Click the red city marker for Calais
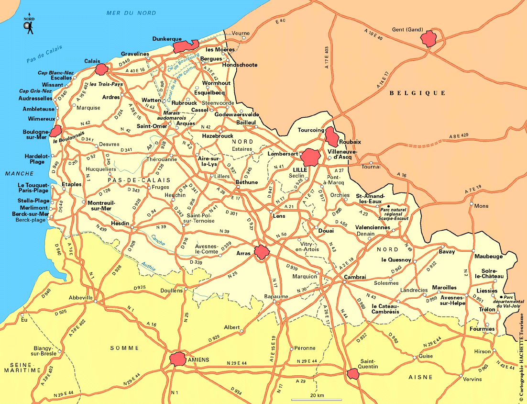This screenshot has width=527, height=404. pos(101,69)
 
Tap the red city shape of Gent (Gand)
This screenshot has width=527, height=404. pos(428,38)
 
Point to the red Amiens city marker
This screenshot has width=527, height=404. pos(177,359)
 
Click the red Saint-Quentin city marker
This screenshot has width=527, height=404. pos(353,374)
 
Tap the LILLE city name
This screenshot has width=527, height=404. pos(300,170)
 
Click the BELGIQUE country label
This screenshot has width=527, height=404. pos(417,93)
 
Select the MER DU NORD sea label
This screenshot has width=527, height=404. pos(132,13)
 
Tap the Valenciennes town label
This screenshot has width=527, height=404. pos(373,227)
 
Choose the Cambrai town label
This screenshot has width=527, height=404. pos(354,277)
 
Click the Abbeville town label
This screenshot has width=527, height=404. pos(81,297)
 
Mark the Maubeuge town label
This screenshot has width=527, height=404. pos(488,257)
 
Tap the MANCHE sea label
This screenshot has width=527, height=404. pos(19,173)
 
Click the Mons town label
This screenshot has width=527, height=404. pos(481,206)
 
